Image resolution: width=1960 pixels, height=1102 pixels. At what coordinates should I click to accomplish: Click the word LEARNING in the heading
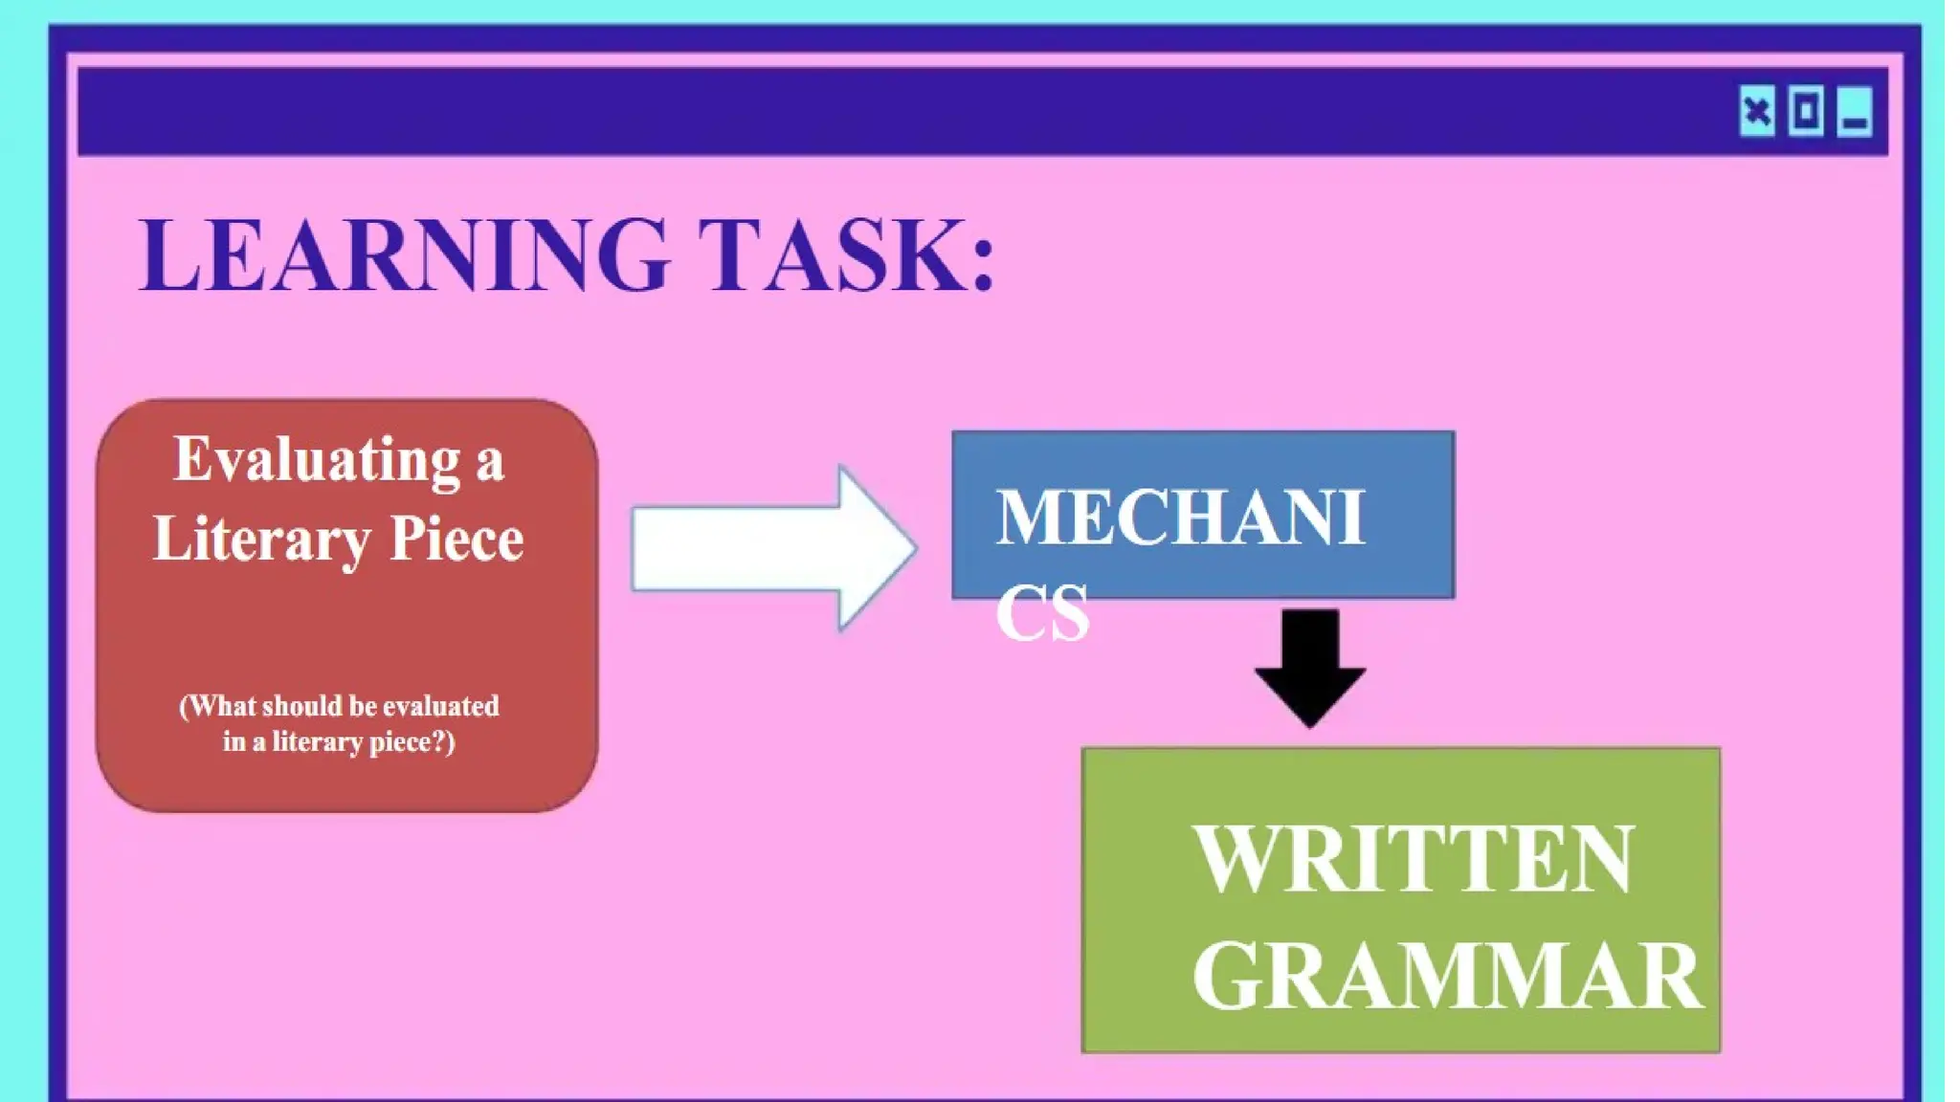click(x=403, y=254)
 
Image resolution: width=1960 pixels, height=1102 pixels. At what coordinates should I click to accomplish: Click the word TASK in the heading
click(x=833, y=254)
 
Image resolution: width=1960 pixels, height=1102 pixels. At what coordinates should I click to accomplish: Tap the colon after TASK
click(x=983, y=263)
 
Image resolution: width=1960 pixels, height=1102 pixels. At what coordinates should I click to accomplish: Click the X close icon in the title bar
click(x=1757, y=113)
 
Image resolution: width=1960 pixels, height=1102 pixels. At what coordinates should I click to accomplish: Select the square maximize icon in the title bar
click(x=1806, y=113)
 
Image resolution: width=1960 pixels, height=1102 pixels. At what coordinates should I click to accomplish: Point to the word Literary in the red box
click(x=260, y=539)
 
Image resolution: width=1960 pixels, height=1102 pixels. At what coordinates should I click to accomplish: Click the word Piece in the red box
click(x=457, y=539)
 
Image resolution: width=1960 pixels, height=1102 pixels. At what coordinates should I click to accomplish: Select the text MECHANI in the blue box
click(x=1180, y=518)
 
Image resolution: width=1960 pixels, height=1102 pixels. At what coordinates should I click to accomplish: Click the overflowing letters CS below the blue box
click(x=1042, y=612)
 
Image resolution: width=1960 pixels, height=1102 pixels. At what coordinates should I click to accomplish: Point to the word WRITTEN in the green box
click(x=1414, y=859)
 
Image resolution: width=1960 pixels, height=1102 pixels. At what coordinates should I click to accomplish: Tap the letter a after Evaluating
click(x=489, y=463)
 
